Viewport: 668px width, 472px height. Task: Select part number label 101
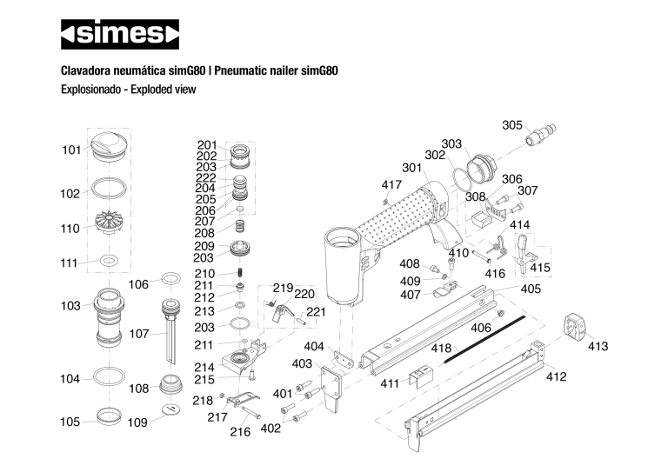pos(71,150)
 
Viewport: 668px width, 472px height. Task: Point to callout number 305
pos(512,125)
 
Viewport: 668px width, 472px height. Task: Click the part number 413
pos(598,346)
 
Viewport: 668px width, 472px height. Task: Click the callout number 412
pos(557,376)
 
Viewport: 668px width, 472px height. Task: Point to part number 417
pos(392,184)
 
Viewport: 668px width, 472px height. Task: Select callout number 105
pos(70,422)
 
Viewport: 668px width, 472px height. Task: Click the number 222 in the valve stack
pos(206,177)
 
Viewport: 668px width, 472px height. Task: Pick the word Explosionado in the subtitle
pos(90,89)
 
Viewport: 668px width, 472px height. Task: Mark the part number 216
pos(240,432)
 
